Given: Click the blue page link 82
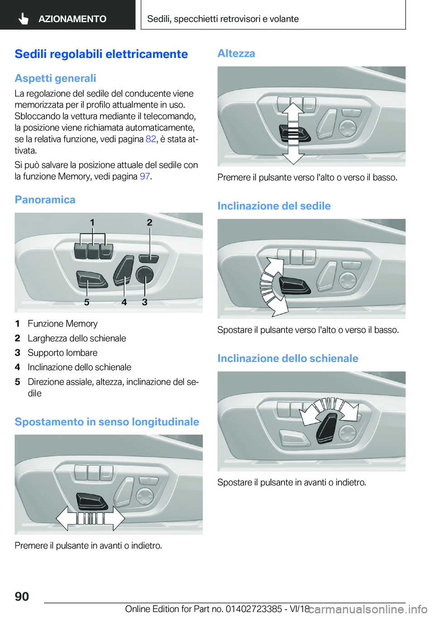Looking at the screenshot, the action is pyautogui.click(x=151, y=139).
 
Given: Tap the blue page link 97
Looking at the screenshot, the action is pyautogui.click(x=145, y=176).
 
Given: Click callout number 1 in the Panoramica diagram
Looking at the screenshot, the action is pyautogui.click(x=92, y=222).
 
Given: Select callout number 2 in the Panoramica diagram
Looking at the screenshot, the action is pyautogui.click(x=150, y=222).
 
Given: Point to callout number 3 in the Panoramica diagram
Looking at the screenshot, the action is pyautogui.click(x=145, y=302).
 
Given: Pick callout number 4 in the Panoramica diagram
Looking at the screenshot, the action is pyautogui.click(x=124, y=302).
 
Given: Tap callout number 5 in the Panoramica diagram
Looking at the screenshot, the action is pyautogui.click(x=87, y=302).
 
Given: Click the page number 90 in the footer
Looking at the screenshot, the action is pyautogui.click(x=22, y=596).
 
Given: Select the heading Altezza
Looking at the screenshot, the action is pyautogui.click(x=236, y=53).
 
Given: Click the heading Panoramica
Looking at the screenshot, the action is pyautogui.click(x=45, y=199).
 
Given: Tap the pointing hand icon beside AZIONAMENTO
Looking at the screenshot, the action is pyautogui.click(x=24, y=19).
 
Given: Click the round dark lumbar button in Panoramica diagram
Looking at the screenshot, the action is pyautogui.click(x=145, y=275).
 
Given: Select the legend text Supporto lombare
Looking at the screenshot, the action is pyautogui.click(x=63, y=352).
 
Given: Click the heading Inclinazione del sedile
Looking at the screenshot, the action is pyautogui.click(x=274, y=206).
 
